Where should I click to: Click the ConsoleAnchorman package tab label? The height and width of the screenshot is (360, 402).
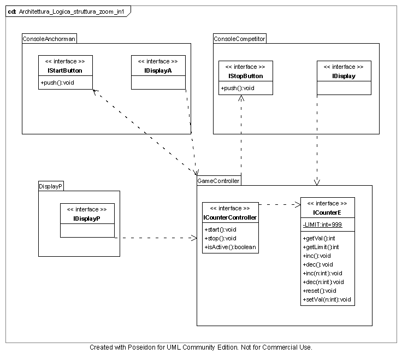coord(49,39)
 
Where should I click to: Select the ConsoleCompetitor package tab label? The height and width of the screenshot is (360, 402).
coord(239,39)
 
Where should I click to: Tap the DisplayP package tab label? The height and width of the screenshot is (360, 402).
coord(51,186)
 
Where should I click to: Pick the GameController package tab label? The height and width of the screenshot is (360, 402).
coord(218,181)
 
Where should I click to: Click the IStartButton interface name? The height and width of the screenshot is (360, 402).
coord(65,71)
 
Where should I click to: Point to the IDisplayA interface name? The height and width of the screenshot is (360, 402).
coord(158,71)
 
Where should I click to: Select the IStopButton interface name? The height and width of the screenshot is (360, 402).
coord(245,76)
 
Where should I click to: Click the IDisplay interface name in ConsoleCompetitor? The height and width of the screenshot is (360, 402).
coord(344,76)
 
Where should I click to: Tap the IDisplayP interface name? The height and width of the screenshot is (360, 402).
coord(87,219)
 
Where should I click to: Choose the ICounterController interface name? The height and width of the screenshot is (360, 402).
coord(229,218)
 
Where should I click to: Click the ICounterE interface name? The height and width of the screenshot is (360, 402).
coord(327,213)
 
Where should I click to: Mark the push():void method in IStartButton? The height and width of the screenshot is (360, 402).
coord(57,82)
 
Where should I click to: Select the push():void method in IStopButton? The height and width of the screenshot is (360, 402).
coord(238,88)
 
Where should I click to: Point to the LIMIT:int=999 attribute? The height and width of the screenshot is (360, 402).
coord(322,225)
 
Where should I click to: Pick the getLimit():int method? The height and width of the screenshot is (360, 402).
coord(320,247)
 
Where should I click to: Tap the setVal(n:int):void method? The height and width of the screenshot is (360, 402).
coord(326,299)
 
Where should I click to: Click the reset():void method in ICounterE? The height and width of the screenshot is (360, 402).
coord(319,291)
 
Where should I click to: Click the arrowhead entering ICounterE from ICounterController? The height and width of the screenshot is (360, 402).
coord(298,205)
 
